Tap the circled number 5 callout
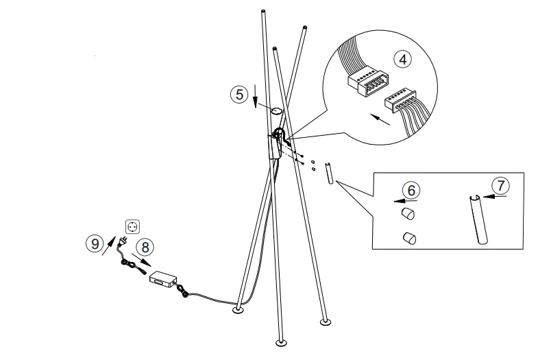pos(238,94)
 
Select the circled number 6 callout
pos(409,189)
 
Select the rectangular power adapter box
pos(163,278)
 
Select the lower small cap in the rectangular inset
pos(409,238)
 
